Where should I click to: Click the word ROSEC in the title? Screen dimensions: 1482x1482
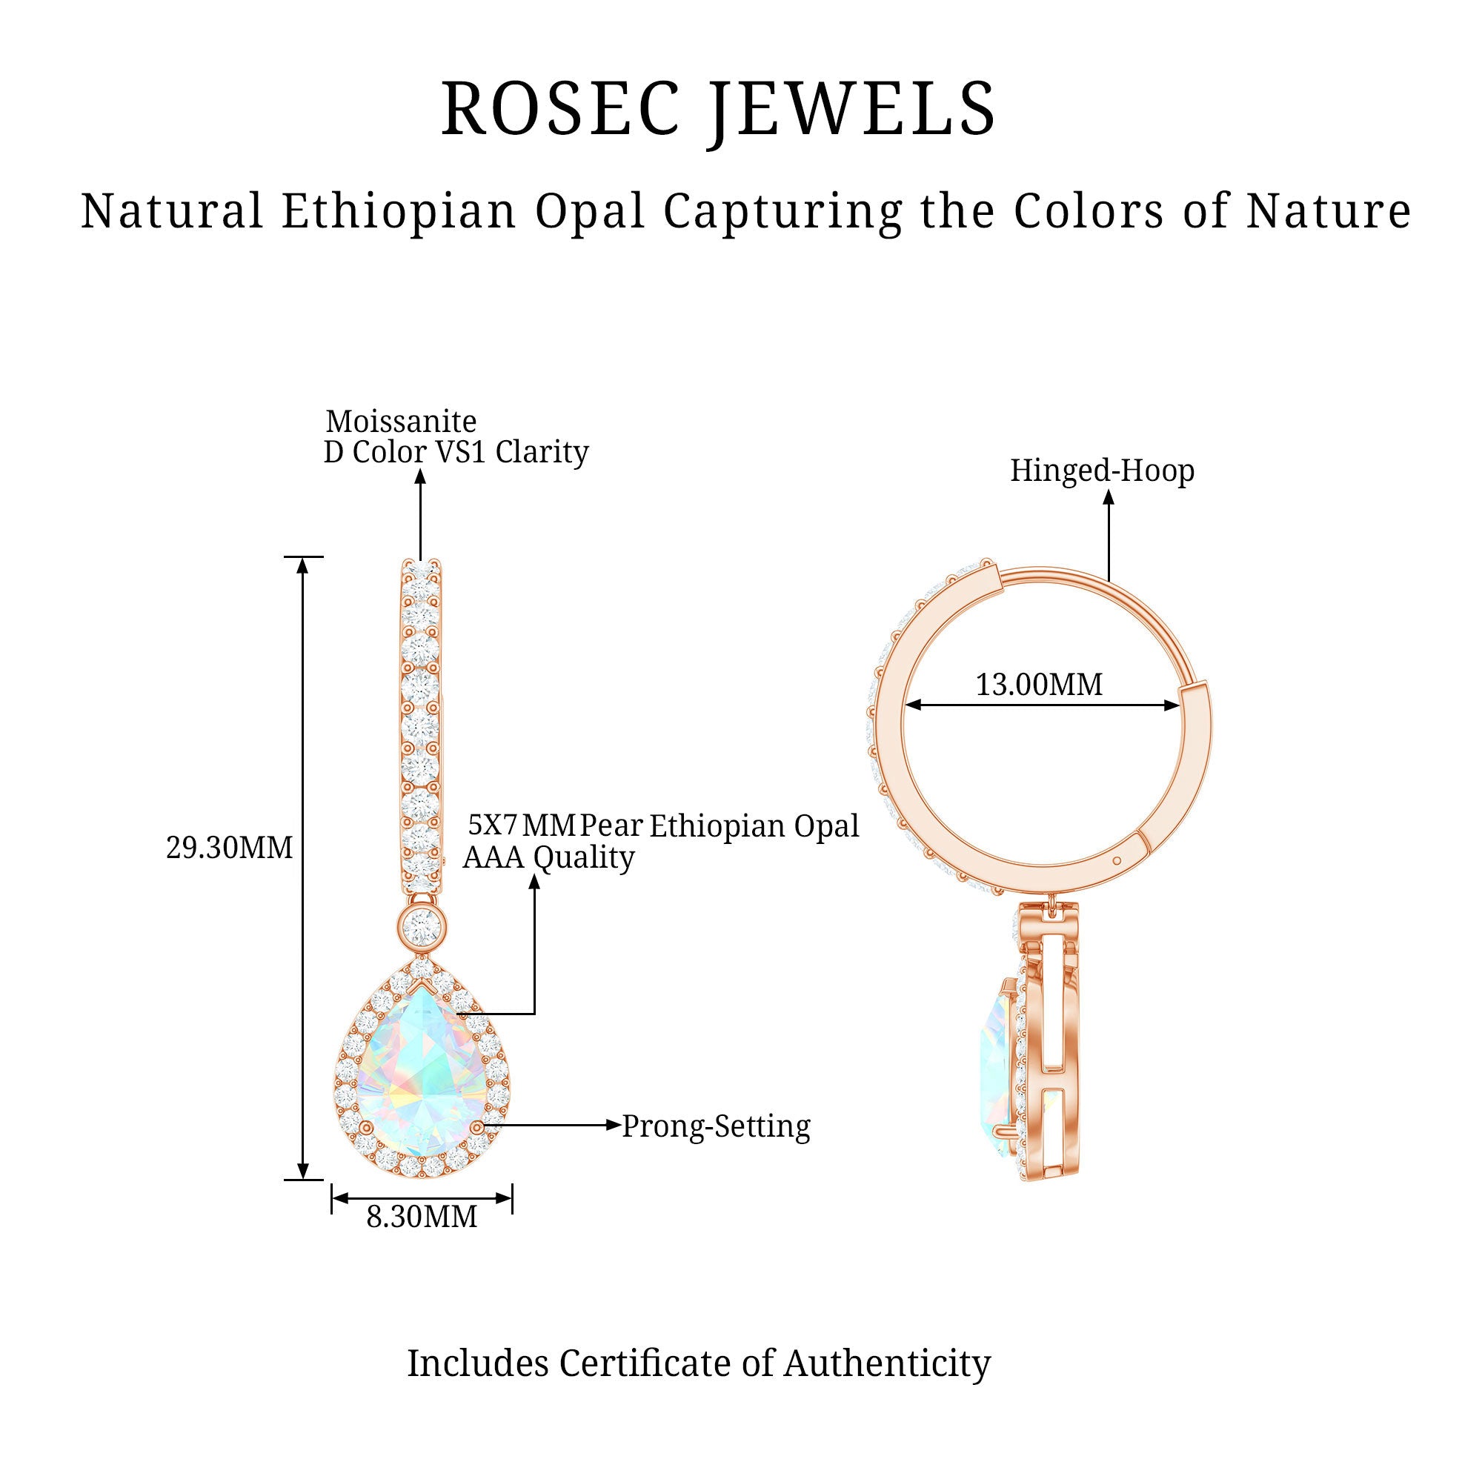pos(561,109)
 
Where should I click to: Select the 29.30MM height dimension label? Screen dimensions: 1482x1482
pos(230,848)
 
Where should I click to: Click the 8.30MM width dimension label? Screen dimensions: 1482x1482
pos(421,1217)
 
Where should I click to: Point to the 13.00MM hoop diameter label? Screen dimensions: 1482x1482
pos(1039,684)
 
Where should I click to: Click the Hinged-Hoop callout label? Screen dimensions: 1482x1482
pos(1102,471)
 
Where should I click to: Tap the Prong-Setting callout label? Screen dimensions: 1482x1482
pos(716,1126)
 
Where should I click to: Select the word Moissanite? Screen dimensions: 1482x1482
pos(400,421)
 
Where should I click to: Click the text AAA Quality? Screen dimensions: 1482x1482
pos(548,857)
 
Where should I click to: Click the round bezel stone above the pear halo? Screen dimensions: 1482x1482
pos(420,928)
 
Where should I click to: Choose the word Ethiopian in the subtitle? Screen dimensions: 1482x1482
pos(399,211)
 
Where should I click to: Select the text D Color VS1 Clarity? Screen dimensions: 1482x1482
pos(456,452)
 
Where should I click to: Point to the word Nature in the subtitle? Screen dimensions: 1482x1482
pos(1328,211)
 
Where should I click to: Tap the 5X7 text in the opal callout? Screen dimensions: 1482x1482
pos(493,825)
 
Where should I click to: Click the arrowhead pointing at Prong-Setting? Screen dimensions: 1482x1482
pos(613,1126)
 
